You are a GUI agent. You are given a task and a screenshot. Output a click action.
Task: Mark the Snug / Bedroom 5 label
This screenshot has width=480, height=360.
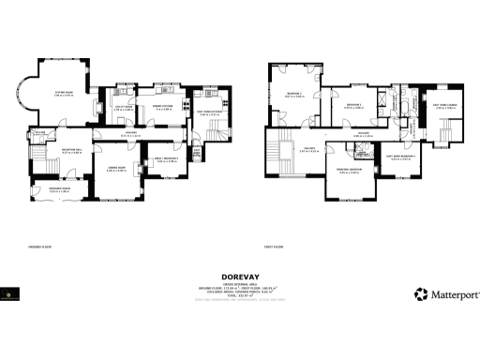pos(167,160)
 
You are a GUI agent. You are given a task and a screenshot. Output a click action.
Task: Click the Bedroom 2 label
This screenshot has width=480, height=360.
pos(295,95)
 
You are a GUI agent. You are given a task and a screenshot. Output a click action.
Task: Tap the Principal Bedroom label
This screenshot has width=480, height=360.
pos(349,171)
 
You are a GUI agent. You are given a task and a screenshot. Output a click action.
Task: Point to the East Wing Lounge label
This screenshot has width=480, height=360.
pos(445,106)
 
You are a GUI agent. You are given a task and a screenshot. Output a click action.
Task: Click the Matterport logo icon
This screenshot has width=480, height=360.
pos(422,293)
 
